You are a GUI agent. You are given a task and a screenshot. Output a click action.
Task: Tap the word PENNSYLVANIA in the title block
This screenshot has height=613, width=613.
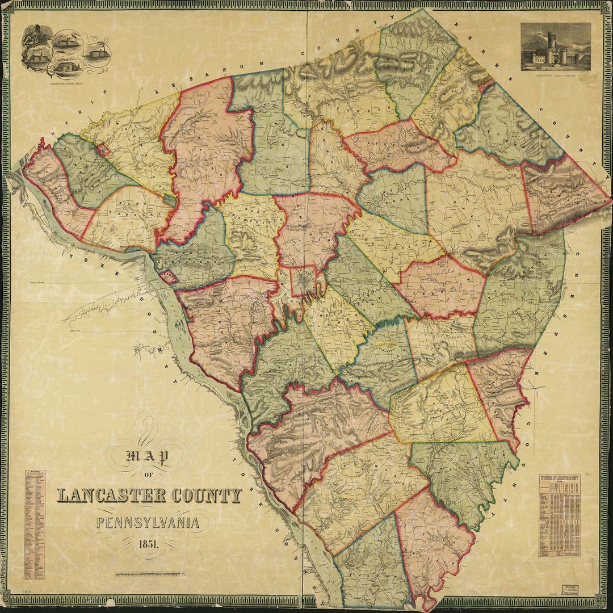coord(148,522)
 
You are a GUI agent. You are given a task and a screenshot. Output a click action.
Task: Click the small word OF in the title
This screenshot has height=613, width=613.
coord(148,475)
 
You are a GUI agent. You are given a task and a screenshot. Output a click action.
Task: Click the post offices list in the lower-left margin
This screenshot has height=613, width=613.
coord(33,525)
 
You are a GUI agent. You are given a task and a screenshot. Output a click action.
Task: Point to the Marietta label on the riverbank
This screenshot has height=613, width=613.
coord(131,248)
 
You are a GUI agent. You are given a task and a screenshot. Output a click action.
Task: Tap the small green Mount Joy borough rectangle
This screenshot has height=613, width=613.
coord(168,199)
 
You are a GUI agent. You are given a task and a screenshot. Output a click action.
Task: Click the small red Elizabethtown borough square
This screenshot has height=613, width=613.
coord(103,149)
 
